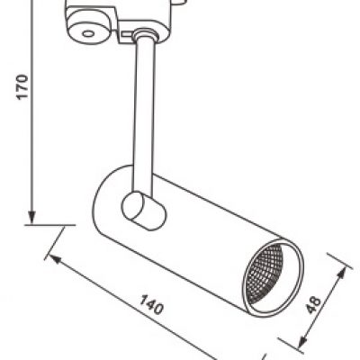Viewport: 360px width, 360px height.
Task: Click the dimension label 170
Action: [x=22, y=86]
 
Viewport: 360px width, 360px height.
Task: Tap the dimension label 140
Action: [x=152, y=304]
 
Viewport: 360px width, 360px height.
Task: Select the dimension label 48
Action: [x=313, y=305]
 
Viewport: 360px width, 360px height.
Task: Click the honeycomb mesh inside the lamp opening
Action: [x=264, y=273]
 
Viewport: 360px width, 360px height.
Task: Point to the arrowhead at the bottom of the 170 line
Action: [x=31, y=217]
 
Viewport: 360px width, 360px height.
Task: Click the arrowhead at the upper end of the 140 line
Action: [x=55, y=259]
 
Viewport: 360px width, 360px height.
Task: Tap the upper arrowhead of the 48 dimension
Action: [x=342, y=272]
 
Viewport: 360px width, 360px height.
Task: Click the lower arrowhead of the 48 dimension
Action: [x=301, y=341]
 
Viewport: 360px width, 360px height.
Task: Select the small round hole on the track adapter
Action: [x=88, y=33]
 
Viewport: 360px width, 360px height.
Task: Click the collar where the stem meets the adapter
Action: [x=145, y=33]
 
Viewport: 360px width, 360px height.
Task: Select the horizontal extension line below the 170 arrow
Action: [x=49, y=224]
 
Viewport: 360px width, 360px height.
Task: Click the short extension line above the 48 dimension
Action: [x=339, y=261]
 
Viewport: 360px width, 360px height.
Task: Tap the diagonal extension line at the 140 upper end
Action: [x=55, y=243]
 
